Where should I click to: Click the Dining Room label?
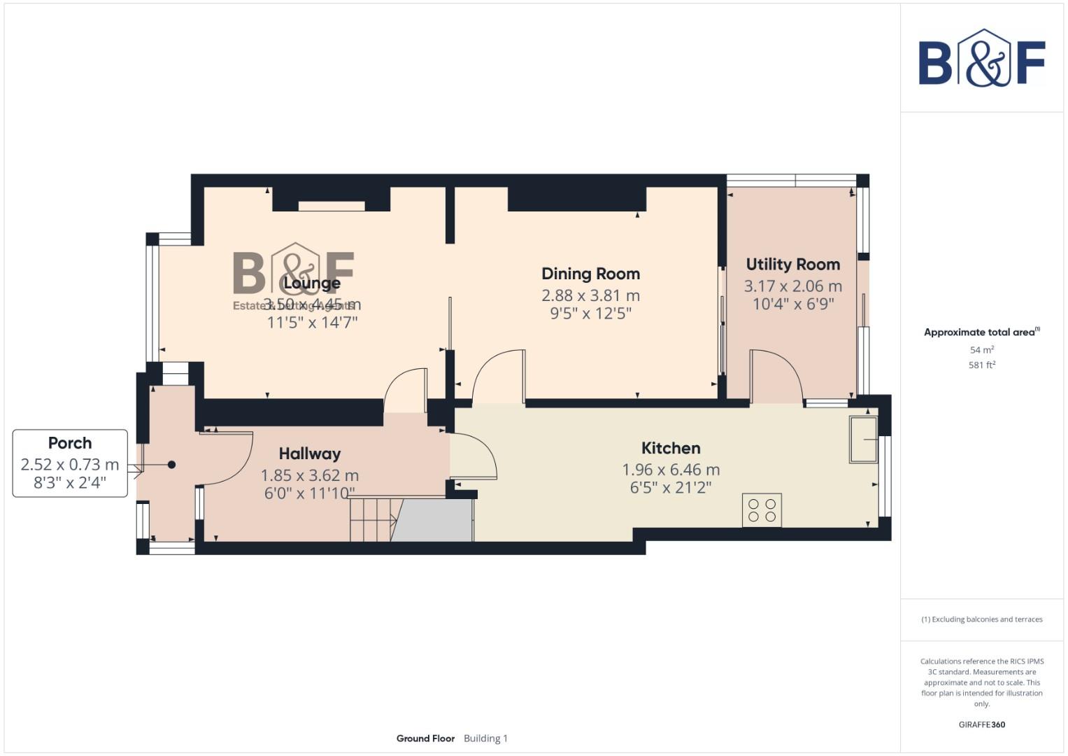(x=590, y=274)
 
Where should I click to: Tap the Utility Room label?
(x=792, y=265)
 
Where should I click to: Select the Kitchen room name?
(x=671, y=448)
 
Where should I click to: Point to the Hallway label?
(x=309, y=454)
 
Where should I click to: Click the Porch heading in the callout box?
(x=70, y=443)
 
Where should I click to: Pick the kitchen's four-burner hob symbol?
(x=762, y=510)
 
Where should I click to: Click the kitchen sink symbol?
(x=863, y=440)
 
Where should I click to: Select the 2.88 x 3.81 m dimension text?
(x=590, y=295)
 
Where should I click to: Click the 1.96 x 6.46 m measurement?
(x=671, y=470)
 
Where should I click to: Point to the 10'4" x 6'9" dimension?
(x=792, y=304)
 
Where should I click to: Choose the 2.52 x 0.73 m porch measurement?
(x=70, y=464)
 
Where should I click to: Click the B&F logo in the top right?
(x=981, y=59)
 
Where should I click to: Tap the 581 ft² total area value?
(x=981, y=365)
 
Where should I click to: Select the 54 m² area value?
(x=981, y=349)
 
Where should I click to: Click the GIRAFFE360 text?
(x=981, y=724)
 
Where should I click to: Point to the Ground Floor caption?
(x=425, y=738)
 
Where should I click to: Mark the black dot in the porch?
(x=171, y=465)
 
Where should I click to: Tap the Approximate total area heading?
(x=981, y=332)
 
